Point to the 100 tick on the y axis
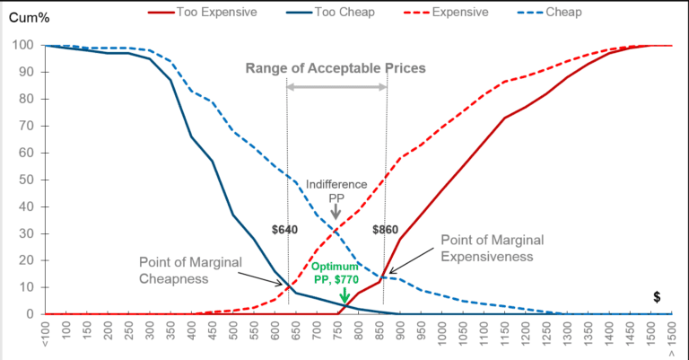[x=24, y=45]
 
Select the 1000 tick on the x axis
[x=442, y=335]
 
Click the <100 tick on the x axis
[x=46, y=335]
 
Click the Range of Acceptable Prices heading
[x=336, y=69]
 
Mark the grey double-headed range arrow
[x=336, y=86]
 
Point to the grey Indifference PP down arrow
[x=336, y=211]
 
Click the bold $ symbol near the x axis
[x=657, y=296]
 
